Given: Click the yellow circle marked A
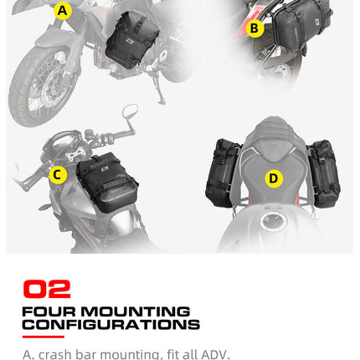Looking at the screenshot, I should pyautogui.click(x=62, y=11).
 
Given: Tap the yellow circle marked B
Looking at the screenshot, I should pyautogui.click(x=255, y=29).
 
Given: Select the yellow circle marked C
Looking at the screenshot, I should pyautogui.click(x=58, y=175).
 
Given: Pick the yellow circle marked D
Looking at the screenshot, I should pyautogui.click(x=273, y=178).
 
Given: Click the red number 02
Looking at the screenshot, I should pyautogui.click(x=46, y=290).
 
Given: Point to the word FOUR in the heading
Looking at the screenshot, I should pyautogui.click(x=44, y=311).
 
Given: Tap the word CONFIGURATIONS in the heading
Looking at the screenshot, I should pyautogui.click(x=111, y=324).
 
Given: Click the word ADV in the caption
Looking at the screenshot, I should pyautogui.click(x=215, y=354).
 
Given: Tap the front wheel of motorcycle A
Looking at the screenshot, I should pyautogui.click(x=38, y=80).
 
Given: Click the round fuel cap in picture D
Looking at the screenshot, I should pyautogui.click(x=271, y=222).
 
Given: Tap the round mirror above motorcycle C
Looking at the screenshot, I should pyautogui.click(x=130, y=111).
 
